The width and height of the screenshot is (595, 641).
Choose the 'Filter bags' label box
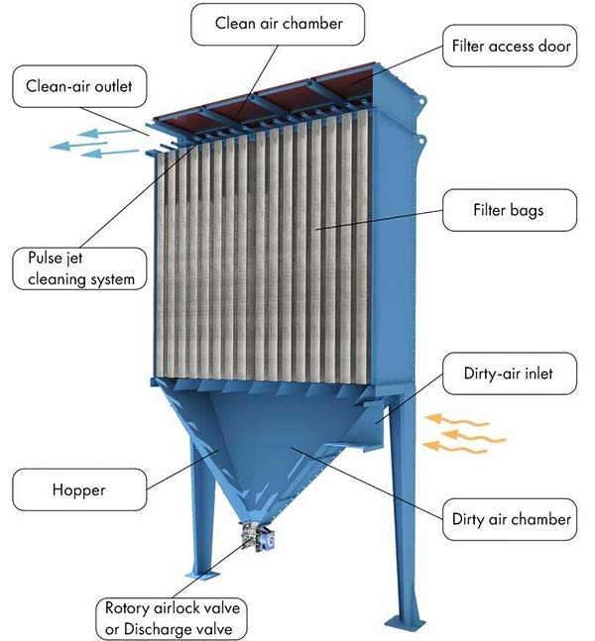pyautogui.click(x=508, y=210)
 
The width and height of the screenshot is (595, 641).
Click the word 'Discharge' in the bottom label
pyautogui.click(x=159, y=626)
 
